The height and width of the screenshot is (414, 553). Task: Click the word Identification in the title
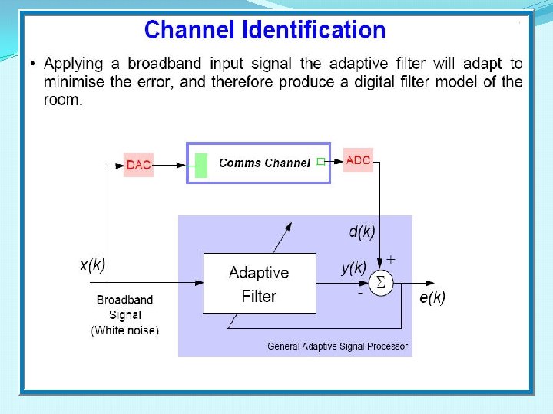click(314, 30)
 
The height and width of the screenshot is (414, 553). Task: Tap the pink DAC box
click(138, 165)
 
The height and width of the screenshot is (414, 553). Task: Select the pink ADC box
click(358, 160)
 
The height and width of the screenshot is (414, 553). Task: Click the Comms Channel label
click(264, 163)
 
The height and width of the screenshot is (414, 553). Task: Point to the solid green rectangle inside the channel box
click(201, 165)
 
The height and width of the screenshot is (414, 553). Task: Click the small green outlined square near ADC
click(320, 161)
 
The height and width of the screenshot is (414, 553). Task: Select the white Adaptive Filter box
click(259, 284)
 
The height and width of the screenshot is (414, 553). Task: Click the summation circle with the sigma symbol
click(380, 284)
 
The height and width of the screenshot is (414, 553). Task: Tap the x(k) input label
click(93, 265)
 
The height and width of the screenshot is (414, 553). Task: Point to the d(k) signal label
click(362, 231)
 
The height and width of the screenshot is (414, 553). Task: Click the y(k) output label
click(353, 268)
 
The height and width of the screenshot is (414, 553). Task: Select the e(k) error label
click(431, 297)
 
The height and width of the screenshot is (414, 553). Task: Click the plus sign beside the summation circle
click(390, 259)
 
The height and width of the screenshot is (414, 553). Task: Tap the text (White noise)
click(125, 330)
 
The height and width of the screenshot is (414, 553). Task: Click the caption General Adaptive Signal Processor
click(338, 347)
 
